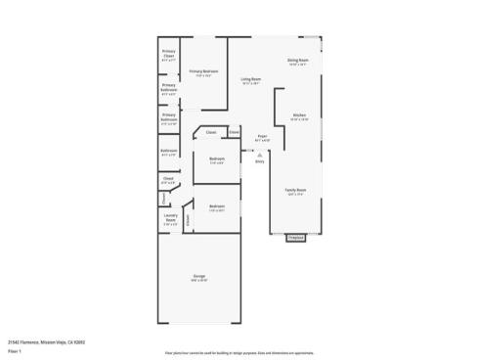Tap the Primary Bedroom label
pyautogui.click(x=203, y=70)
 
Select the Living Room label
pyautogui.click(x=250, y=79)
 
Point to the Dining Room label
pyautogui.click(x=298, y=61)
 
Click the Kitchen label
pyautogui.click(x=299, y=115)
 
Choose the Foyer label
pyautogui.click(x=262, y=136)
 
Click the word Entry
pyautogui.click(x=260, y=161)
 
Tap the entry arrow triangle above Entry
pyautogui.click(x=260, y=154)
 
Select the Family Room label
pyautogui.click(x=294, y=190)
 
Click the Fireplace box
pyautogui.click(x=295, y=237)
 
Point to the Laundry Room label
pyautogui.click(x=169, y=220)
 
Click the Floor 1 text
pyautogui.click(x=16, y=349)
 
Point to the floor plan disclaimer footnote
pyautogui.click(x=239, y=349)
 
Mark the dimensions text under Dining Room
pyautogui.click(x=298, y=66)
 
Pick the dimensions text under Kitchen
pyautogui.click(x=299, y=120)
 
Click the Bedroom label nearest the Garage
pyautogui.click(x=216, y=205)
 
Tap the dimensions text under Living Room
pyautogui.click(x=250, y=84)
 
